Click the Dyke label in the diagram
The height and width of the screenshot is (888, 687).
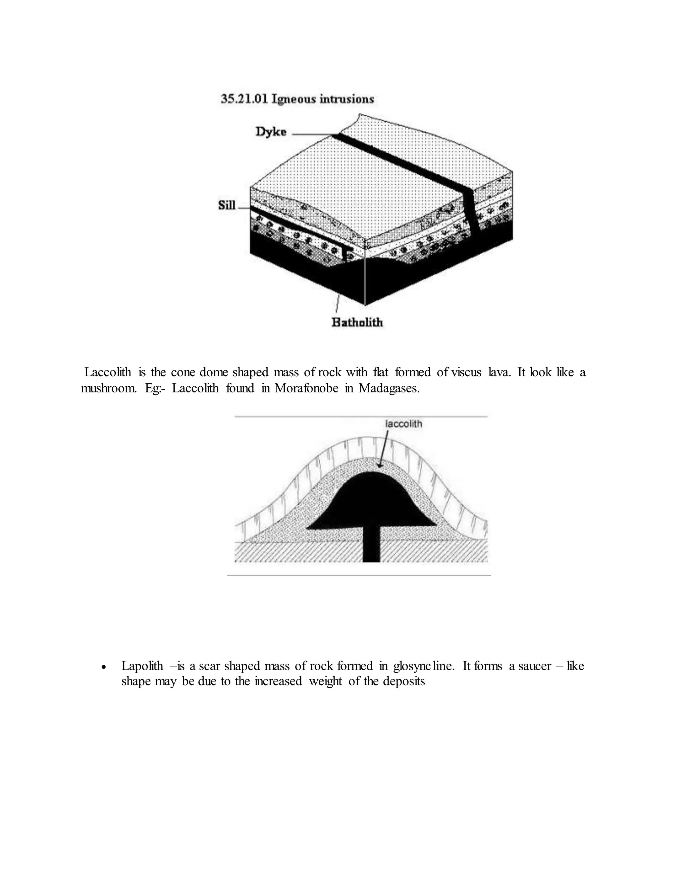[x=271, y=132]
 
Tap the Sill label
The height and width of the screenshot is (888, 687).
[x=227, y=205]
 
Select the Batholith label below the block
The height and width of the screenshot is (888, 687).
[x=357, y=322]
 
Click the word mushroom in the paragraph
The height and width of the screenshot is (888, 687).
[x=109, y=388]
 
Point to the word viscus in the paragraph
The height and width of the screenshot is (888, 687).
[x=466, y=372]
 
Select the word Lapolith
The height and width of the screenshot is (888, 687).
[x=142, y=666]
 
